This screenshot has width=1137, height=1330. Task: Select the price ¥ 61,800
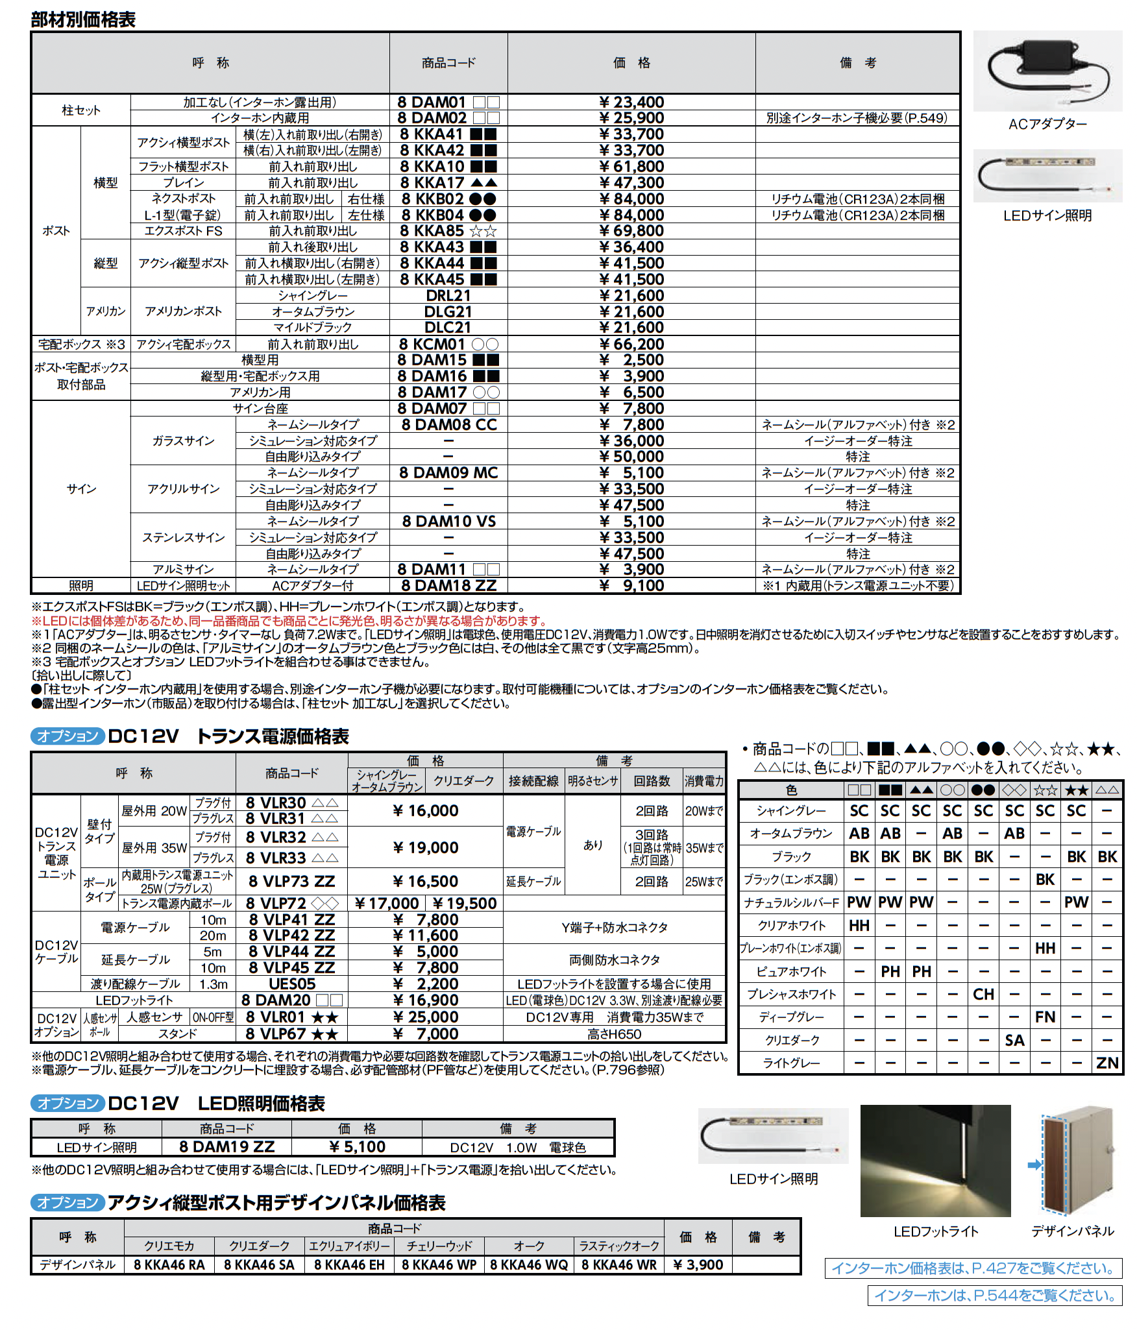[631, 167]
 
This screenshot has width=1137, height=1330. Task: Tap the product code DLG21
[448, 312]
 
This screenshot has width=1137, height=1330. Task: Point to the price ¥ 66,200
[631, 345]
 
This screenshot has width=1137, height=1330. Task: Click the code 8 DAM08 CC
[448, 425]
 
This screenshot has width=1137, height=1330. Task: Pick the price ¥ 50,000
[631, 457]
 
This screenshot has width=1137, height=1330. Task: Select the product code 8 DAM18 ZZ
[448, 586]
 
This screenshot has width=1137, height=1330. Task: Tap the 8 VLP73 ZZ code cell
[291, 881]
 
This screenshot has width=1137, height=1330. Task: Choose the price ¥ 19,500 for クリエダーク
[464, 903]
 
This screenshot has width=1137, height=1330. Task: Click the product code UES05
[291, 984]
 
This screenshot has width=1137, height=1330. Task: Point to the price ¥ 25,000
[426, 1017]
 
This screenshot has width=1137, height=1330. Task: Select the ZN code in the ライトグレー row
[1107, 1063]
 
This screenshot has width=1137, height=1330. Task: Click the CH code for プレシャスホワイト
[983, 995]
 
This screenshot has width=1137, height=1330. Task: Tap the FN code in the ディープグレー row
[1045, 1017]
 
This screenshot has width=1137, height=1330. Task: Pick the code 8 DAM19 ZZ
[226, 1147]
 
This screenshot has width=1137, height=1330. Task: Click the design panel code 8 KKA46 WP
[439, 1265]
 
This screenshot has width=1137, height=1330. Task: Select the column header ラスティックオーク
[618, 1246]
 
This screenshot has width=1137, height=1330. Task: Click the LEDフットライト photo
[935, 1161]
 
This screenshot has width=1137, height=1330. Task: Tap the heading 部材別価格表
[83, 19]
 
